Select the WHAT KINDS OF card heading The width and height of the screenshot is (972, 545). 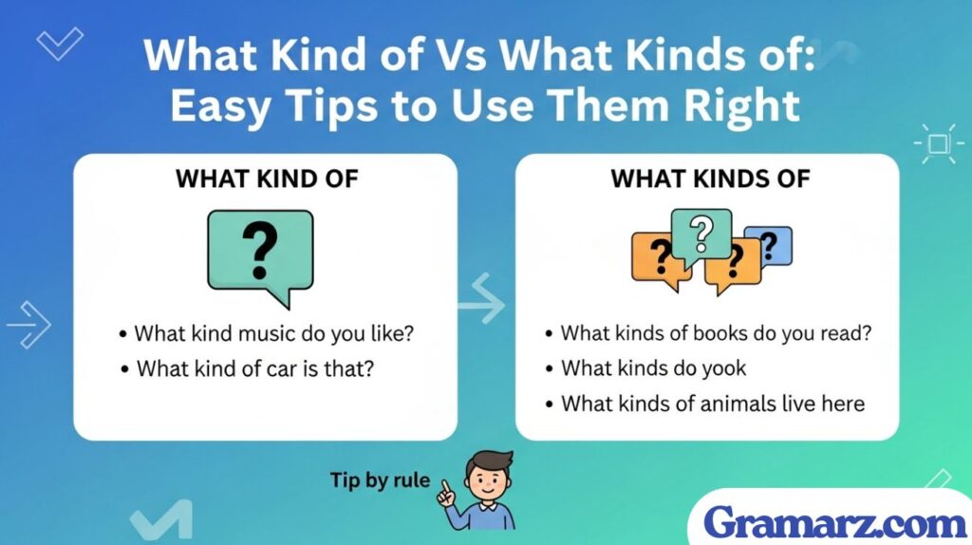click(710, 178)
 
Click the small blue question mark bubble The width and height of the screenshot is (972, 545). click(770, 246)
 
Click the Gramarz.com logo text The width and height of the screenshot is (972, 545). click(835, 521)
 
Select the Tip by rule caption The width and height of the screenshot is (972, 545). click(379, 480)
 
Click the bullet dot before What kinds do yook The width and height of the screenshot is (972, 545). click(549, 368)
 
